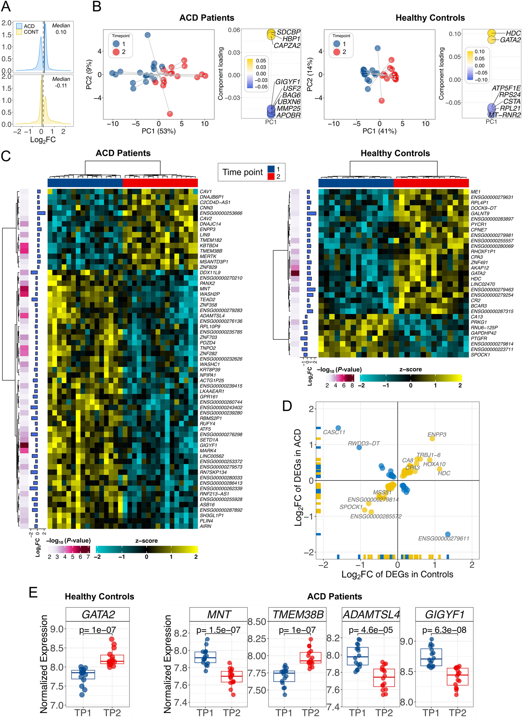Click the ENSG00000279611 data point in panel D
tap(447, 534)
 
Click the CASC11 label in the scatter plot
tap(334, 432)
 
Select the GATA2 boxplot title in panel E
tap(98, 614)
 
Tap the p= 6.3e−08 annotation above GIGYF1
tap(444, 630)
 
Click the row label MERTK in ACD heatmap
tap(208, 256)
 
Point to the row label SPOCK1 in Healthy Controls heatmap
tap(480, 355)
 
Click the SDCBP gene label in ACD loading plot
tap(288, 32)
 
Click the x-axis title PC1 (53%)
tap(159, 131)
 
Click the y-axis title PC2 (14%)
tap(310, 74)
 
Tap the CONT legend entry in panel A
tap(31, 32)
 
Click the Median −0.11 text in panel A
tap(61, 82)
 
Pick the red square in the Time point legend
tap(271, 177)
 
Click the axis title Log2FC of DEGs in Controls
tap(397, 574)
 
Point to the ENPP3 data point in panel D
tap(432, 439)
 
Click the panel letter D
tap(287, 406)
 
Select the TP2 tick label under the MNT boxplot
tap(231, 713)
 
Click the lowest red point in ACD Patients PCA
tap(170, 114)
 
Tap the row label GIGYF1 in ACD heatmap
tap(208, 445)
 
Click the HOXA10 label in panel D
tap(434, 464)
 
